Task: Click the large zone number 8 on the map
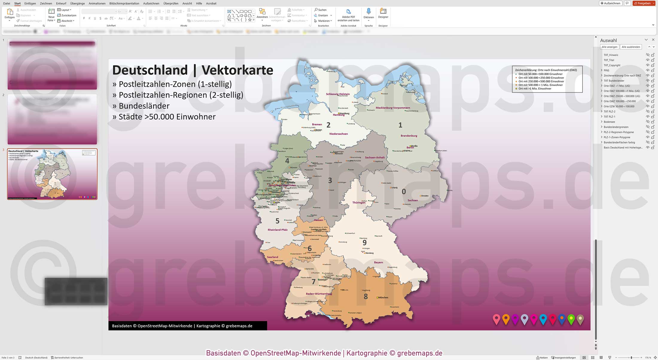point(365,297)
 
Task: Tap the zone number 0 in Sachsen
point(403,192)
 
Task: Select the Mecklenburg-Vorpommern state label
point(393,108)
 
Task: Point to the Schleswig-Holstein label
point(338,94)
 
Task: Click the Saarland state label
point(272,257)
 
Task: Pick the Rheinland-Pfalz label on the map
point(278,230)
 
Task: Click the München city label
point(383,297)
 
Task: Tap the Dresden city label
point(425,196)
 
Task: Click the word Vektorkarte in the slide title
point(237,70)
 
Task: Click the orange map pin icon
point(506,319)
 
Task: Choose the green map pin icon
point(571,319)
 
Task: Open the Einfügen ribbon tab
point(30,3)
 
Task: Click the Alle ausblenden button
point(631,47)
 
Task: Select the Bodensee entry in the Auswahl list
point(609,122)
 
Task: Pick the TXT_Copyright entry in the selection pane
point(612,65)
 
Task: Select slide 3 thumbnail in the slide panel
point(52,174)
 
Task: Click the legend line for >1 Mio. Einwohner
point(535,89)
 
